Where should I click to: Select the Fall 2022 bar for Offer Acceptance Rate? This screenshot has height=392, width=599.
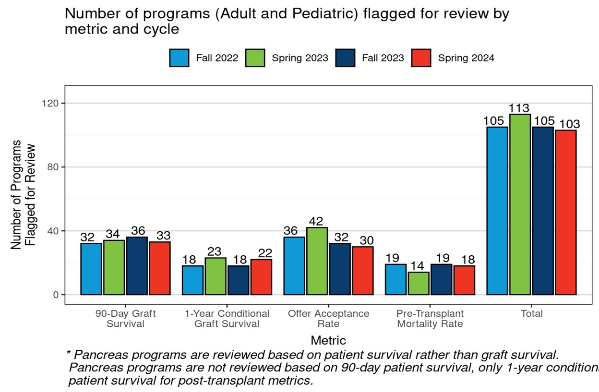[294, 266]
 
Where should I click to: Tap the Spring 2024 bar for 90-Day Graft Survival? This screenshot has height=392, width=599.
[159, 268]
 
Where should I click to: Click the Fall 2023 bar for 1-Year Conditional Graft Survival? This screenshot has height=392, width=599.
[238, 280]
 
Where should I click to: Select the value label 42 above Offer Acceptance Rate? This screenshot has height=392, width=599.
[317, 222]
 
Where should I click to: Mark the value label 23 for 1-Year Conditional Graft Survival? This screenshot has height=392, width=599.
[215, 252]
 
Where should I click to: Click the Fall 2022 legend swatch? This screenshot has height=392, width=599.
[179, 58]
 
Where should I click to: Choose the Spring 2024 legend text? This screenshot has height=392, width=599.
[466, 58]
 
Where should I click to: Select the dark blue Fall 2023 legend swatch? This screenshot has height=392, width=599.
[345, 58]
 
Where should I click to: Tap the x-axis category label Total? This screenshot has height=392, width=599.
[531, 314]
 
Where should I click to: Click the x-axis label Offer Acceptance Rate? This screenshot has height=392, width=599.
[328, 319]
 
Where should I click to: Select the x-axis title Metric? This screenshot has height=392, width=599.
[328, 341]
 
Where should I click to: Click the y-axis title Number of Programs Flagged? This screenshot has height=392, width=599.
[23, 194]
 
